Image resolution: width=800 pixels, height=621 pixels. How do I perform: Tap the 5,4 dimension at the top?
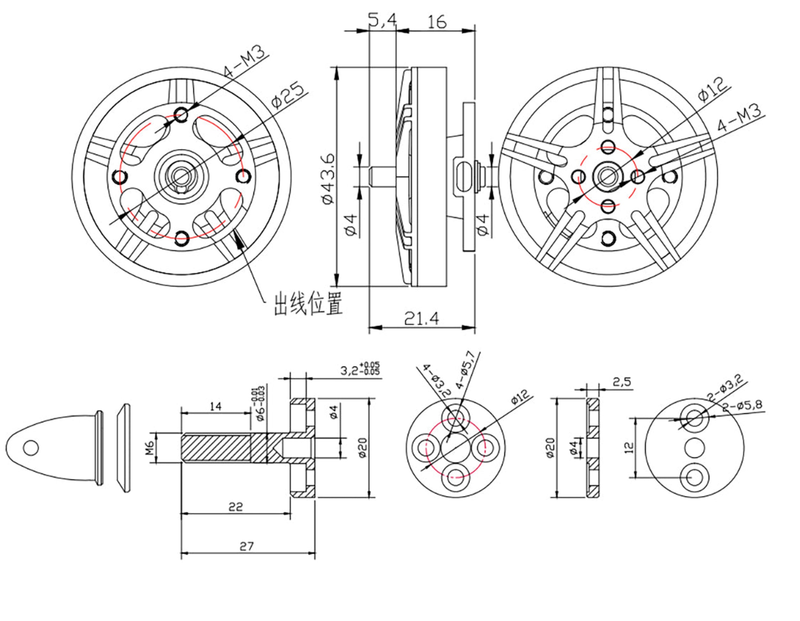tap(382, 21)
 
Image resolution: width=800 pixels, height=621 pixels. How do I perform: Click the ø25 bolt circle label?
tap(288, 97)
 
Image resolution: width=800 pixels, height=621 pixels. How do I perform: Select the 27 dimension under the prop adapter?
tap(246, 547)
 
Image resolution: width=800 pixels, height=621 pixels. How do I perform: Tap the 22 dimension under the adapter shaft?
tap(236, 507)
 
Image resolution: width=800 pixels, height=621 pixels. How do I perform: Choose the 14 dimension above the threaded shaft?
tap(216, 406)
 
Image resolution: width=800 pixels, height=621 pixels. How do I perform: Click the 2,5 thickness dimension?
tap(622, 382)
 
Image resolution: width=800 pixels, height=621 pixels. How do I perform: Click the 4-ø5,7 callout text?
tap(465, 370)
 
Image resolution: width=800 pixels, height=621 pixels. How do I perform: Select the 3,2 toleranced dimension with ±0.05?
tap(360, 368)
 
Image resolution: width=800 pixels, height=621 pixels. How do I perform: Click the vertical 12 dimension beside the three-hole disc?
tap(629, 447)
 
